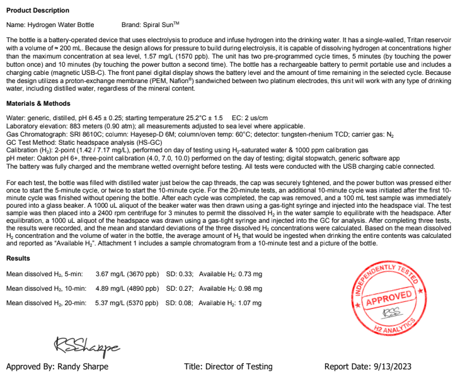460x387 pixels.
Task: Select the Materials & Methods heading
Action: (x=38, y=103)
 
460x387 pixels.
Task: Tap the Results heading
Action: (x=18, y=259)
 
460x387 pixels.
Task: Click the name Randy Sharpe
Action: (x=86, y=367)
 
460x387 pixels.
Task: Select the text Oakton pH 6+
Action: (x=54, y=158)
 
